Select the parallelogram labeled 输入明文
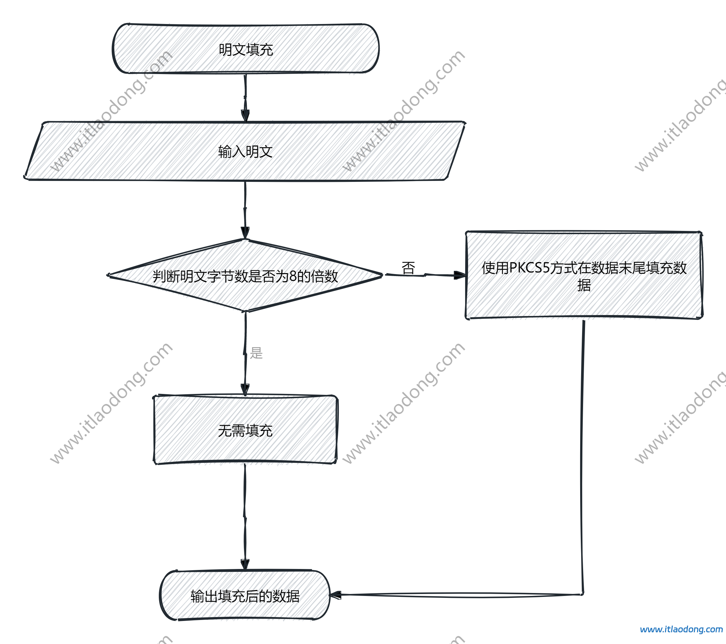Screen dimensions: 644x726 (x=245, y=152)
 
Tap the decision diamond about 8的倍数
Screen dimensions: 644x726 (x=245, y=276)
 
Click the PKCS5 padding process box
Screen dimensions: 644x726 (x=584, y=275)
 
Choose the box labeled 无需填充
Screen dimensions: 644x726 (x=245, y=430)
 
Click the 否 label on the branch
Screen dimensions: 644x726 (x=408, y=268)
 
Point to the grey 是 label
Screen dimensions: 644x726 (x=256, y=353)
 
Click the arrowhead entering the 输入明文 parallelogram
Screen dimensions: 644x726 (x=245, y=116)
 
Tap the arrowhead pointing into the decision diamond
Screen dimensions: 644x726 (x=245, y=233)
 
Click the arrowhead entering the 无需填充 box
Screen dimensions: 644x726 (x=245, y=389)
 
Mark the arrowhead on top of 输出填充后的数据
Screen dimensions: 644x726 (x=245, y=564)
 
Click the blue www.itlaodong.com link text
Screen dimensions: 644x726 (x=681, y=629)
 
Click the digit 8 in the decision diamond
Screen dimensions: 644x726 (x=293, y=276)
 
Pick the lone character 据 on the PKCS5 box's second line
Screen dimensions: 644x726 (x=584, y=285)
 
